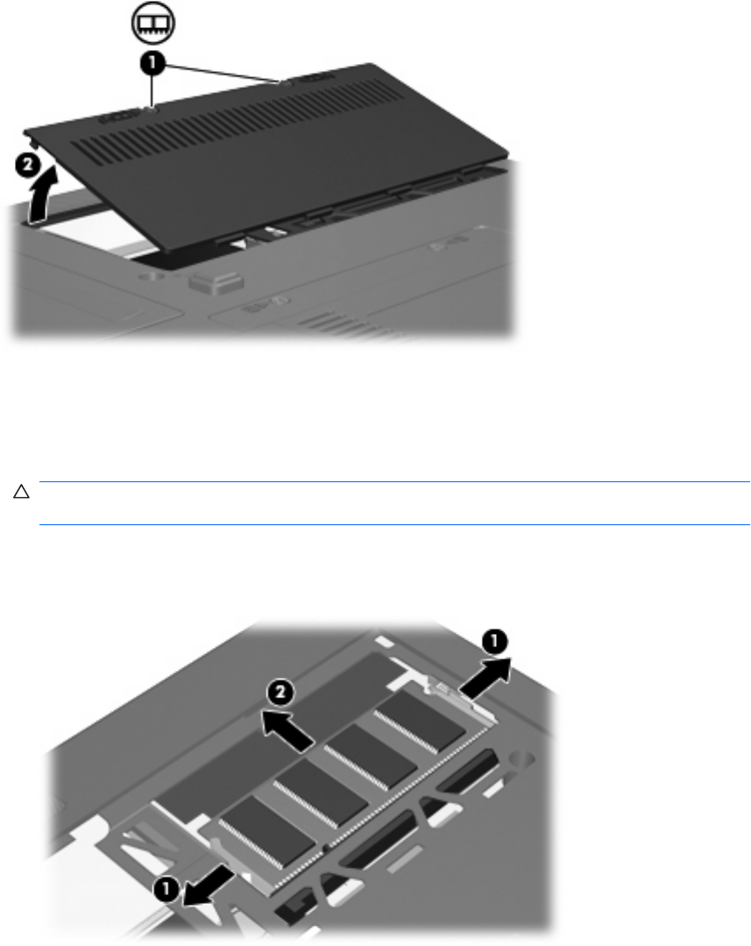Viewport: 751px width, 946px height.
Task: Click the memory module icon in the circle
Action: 153,24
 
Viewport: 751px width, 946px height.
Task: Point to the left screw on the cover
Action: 151,110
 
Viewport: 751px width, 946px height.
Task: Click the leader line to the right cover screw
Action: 222,72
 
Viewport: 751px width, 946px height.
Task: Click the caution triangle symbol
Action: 21,492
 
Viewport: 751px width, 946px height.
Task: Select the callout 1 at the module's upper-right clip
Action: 493,641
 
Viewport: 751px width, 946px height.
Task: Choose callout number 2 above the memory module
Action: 281,693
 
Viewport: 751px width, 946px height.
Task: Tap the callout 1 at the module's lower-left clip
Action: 166,888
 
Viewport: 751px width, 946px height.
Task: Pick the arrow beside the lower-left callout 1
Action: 208,884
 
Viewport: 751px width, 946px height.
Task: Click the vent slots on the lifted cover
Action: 235,120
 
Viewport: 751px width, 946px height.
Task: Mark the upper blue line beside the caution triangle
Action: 394,482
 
